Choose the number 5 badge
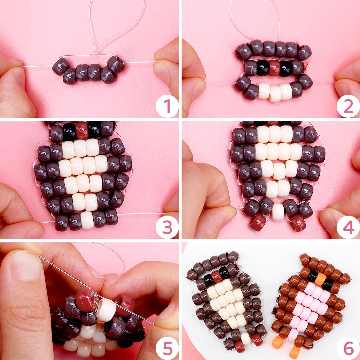tap(167, 348)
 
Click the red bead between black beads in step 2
tap(274, 68)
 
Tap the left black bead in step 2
tap(262, 68)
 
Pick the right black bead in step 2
tap(286, 68)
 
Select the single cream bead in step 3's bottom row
tap(87, 220)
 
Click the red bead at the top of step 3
tap(82, 130)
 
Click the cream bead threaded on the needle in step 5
tap(105, 310)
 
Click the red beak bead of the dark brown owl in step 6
tap(217, 277)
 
